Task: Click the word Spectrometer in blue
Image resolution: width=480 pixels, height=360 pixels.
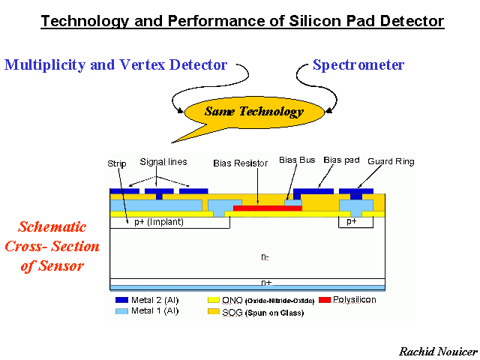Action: [x=358, y=65]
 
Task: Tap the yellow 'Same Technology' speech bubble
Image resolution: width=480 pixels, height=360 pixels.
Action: [x=254, y=112]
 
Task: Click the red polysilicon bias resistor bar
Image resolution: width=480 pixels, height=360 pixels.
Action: [x=268, y=208]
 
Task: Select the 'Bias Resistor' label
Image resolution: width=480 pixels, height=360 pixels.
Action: [x=240, y=163]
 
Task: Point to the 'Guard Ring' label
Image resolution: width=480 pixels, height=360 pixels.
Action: [x=391, y=161]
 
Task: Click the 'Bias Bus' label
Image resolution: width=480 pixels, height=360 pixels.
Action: [x=297, y=160]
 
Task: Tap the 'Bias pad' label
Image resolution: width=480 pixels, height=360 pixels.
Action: [x=341, y=160]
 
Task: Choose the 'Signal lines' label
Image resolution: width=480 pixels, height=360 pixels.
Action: [x=163, y=162]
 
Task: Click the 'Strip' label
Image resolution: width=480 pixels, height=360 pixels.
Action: [x=117, y=164]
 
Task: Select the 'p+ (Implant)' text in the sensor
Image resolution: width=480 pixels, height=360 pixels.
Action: [x=159, y=222]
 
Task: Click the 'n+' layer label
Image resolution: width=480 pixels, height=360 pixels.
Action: [x=266, y=282]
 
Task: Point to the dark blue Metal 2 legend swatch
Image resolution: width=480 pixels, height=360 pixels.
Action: [x=121, y=300]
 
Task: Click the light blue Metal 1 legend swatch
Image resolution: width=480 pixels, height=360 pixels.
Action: [x=121, y=311]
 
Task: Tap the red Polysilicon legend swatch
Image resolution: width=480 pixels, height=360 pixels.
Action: [x=325, y=300]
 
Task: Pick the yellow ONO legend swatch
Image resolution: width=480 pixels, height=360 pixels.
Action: [x=213, y=300]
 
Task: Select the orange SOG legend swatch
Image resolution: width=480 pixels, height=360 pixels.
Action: [x=213, y=312]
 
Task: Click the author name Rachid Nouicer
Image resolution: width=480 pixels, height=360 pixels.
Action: [x=438, y=352]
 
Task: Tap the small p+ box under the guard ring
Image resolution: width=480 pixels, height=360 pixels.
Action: [x=355, y=222]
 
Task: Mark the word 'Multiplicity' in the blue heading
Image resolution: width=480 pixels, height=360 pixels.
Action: [x=45, y=65]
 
